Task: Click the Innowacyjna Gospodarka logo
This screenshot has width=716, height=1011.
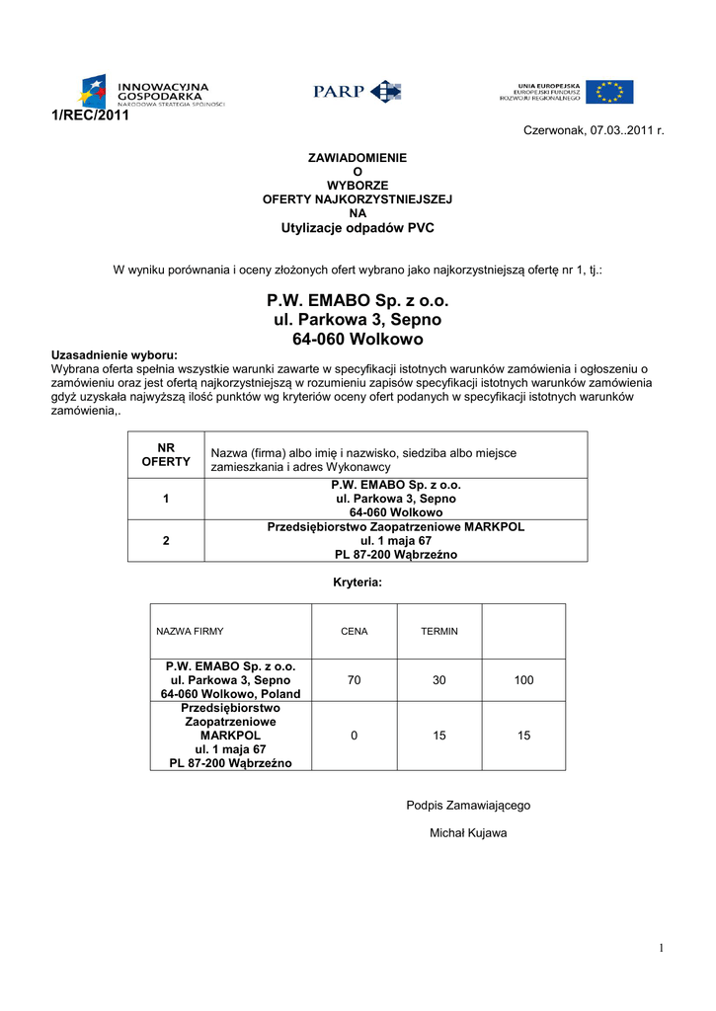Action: pos(153,92)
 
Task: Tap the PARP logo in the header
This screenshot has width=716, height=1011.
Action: pos(357,92)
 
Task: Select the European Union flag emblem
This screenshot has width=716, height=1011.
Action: pos(608,92)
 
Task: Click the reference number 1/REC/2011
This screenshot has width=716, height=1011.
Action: pos(90,116)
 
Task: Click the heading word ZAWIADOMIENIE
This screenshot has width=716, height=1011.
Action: pos(357,158)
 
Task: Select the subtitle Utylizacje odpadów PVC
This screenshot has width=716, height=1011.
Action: pos(357,227)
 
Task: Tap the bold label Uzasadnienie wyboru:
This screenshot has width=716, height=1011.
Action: pos(115,354)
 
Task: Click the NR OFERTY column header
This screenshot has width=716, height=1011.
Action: pos(165,454)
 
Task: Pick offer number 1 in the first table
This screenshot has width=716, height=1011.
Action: pos(165,500)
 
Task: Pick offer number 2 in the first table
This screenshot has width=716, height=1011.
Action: pos(165,541)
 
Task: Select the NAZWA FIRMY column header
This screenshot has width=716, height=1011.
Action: pos(190,631)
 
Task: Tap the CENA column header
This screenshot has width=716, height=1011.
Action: pos(354,631)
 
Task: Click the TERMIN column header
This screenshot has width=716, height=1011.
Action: pos(439,631)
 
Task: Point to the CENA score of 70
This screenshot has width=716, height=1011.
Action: pos(354,680)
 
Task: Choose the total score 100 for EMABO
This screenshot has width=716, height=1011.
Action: pos(523,680)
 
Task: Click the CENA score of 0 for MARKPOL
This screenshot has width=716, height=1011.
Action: pos(354,736)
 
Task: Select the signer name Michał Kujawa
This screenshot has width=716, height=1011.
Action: pos(468,833)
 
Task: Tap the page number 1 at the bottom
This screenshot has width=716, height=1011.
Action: pos(662,949)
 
